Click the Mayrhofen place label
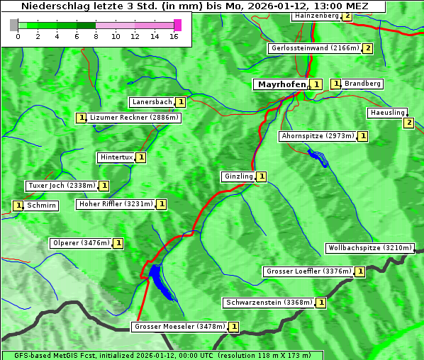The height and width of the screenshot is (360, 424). (281, 84)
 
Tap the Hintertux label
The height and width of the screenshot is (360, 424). (116, 157)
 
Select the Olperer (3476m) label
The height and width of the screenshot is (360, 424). (81, 243)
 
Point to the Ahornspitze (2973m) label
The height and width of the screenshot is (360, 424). (318, 136)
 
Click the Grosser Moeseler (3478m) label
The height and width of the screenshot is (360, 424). (179, 327)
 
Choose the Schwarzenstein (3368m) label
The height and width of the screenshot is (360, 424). (268, 303)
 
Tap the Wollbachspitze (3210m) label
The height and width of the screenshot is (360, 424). (369, 248)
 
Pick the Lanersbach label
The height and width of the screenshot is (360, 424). (152, 102)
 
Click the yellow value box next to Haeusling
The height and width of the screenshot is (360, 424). (408, 123)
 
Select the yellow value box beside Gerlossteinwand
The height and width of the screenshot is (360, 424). (367, 48)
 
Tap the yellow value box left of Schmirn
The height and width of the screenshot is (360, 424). (18, 206)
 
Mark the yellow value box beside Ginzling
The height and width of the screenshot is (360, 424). (262, 176)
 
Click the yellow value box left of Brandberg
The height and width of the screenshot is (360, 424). (336, 84)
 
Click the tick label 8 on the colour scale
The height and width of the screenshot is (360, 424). (96, 36)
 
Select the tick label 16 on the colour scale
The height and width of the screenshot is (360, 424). (174, 36)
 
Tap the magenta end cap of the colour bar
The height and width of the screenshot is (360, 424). (177, 25)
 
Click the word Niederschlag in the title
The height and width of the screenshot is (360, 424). (52, 6)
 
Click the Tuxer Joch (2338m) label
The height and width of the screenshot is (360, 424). (62, 186)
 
